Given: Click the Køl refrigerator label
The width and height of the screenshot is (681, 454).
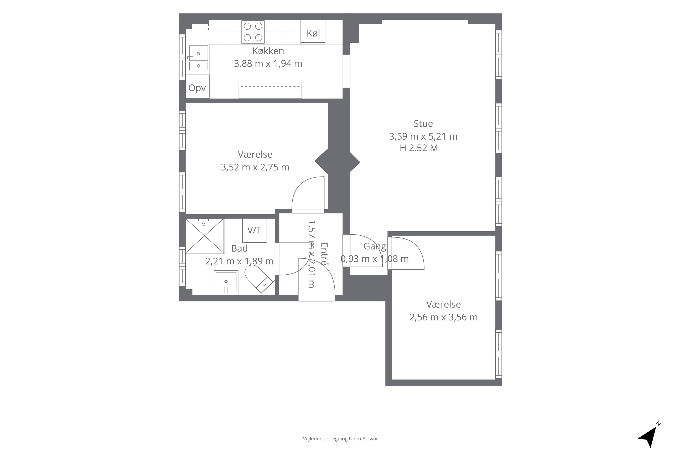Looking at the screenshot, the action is (x=313, y=33).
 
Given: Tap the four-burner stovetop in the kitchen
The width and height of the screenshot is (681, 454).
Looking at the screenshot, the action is (x=253, y=32).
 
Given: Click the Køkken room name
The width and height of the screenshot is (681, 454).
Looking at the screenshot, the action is (x=268, y=51).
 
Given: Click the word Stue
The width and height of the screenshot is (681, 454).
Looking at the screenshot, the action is (x=423, y=124).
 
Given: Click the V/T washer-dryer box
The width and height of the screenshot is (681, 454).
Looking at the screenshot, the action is (x=254, y=230).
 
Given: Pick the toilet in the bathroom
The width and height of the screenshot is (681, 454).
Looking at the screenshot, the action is (x=259, y=279).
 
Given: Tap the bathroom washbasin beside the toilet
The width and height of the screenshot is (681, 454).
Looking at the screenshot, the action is (x=226, y=282).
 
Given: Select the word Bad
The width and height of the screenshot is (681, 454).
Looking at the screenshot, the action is (x=239, y=248).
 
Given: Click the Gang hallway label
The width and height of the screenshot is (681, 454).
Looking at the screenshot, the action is (x=375, y=246).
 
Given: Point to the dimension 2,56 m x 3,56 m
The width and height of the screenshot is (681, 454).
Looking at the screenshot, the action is (x=443, y=317).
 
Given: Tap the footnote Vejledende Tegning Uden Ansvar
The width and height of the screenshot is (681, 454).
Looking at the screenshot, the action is (x=340, y=439).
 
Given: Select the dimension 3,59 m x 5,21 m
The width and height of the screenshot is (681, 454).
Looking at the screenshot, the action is (x=423, y=136).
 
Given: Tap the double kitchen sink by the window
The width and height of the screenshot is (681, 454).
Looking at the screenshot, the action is (x=199, y=58).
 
